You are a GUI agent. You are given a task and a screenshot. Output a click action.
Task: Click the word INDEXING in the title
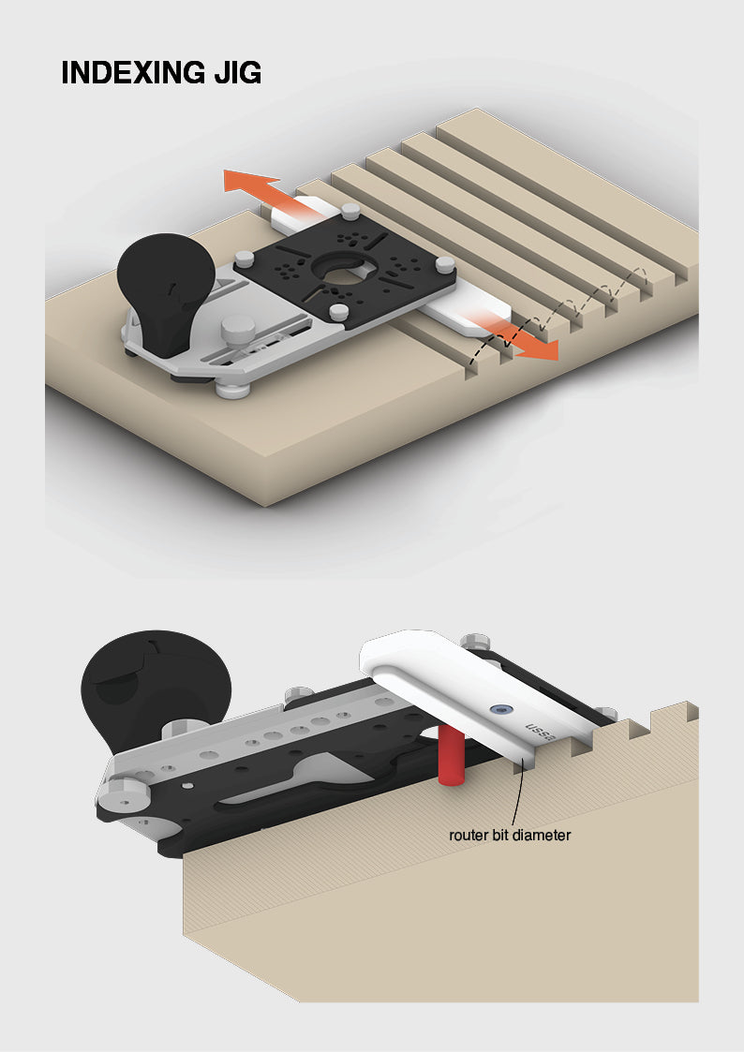click(x=133, y=72)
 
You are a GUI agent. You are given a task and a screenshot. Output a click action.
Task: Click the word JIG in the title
click(x=237, y=72)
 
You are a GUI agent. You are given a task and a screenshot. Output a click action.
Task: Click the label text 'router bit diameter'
click(x=510, y=836)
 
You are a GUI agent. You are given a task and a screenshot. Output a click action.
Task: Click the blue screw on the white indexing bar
click(x=498, y=708)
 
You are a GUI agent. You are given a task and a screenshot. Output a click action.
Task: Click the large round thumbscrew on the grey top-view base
click(x=238, y=329)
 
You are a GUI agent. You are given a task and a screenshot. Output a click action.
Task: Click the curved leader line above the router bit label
click(x=516, y=792)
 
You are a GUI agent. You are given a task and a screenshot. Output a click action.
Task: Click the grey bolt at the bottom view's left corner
click(x=125, y=793)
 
